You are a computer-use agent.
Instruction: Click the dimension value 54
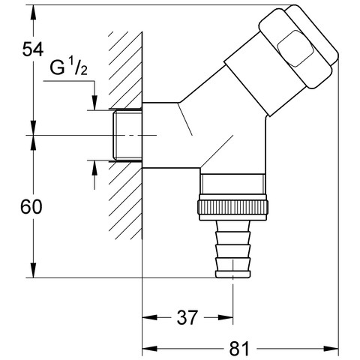(x=33, y=49)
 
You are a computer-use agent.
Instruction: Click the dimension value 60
(x=31, y=207)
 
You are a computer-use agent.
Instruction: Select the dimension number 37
(x=187, y=317)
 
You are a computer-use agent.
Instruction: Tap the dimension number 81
(x=239, y=349)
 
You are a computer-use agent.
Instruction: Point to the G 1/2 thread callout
(x=69, y=67)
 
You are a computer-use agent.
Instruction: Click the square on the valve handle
(x=295, y=49)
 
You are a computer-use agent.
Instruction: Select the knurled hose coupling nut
(x=233, y=207)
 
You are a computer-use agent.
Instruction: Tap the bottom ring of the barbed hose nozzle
(x=233, y=274)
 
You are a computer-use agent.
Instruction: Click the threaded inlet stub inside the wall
(x=127, y=135)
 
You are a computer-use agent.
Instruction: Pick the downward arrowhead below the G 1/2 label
(x=94, y=103)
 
